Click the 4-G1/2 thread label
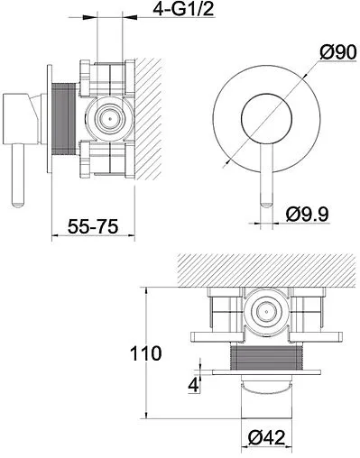183,9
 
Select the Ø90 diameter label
338,52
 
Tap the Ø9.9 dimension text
308,215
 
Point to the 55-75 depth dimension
93,226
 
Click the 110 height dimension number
146,353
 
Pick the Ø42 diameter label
266,437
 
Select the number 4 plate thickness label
193,385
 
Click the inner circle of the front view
266,118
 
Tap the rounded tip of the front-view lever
266,205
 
